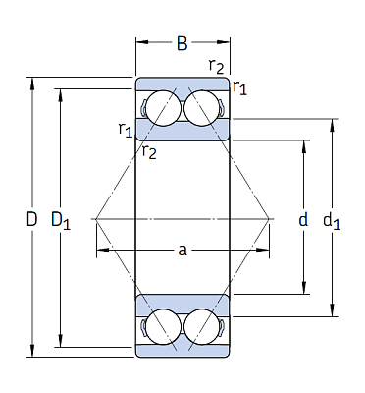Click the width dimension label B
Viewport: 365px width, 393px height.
tap(182, 43)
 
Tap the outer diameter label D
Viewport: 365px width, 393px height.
tap(31, 219)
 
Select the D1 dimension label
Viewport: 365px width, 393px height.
tap(61, 220)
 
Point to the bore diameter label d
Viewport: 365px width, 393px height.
tap(303, 219)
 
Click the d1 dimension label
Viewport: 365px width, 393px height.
tap(332, 220)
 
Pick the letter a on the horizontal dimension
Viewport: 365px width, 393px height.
tap(182, 251)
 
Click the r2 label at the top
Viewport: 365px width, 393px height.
tap(217, 66)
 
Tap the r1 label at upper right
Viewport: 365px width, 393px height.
tap(239, 87)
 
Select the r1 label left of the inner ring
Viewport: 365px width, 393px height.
tap(126, 130)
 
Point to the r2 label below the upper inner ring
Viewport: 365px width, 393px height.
tap(149, 151)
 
